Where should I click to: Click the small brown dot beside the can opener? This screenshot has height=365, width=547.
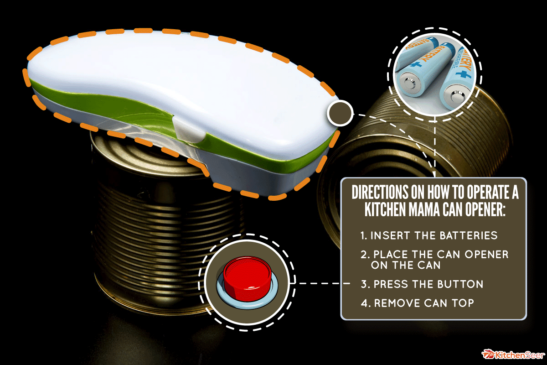340,113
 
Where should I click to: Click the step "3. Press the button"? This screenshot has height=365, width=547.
422,284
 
